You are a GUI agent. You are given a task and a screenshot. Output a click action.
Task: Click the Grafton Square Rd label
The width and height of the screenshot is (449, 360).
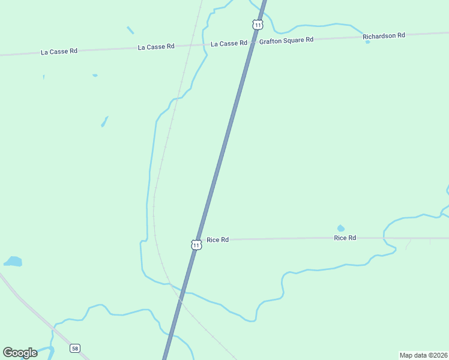tap(286, 40)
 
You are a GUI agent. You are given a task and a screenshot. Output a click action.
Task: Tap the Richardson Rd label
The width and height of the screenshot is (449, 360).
tap(384, 36)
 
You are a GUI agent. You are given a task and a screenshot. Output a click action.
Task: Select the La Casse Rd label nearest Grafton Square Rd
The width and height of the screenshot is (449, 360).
tap(229, 43)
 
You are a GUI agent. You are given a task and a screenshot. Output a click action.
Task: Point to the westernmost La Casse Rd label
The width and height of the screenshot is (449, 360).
tap(59, 52)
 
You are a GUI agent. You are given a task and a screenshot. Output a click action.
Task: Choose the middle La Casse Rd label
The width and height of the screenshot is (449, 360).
tap(156, 46)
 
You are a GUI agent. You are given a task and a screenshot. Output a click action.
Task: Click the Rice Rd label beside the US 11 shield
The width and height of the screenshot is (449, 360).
tap(217, 240)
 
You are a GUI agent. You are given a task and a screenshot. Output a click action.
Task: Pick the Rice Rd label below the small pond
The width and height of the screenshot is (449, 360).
tap(345, 238)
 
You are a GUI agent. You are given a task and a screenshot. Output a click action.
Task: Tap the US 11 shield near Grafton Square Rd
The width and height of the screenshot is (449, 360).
tap(258, 25)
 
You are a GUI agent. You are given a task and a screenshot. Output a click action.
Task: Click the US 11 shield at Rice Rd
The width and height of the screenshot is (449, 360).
tap(196, 244)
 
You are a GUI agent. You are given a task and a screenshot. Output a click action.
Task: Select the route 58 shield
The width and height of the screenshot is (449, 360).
tap(74, 349)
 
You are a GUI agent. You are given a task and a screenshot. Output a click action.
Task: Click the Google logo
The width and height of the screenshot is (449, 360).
tap(20, 353)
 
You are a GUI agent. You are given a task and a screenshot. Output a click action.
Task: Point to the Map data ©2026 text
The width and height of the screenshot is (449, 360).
tap(423, 355)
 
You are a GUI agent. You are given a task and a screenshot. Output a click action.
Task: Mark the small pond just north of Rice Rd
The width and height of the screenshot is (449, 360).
tap(341, 228)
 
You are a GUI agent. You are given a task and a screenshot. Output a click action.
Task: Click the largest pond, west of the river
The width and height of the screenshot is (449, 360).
tap(13, 262)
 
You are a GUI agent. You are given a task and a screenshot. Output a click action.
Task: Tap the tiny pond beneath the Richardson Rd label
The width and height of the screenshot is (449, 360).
tap(367, 42)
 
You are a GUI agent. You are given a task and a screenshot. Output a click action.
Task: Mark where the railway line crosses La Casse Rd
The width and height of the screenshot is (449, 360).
tap(189, 44)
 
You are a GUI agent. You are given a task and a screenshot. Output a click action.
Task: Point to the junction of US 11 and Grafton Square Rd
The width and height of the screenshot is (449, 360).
tap(253, 41)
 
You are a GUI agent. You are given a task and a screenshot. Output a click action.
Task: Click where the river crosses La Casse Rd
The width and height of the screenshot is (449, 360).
tap(205, 44)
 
